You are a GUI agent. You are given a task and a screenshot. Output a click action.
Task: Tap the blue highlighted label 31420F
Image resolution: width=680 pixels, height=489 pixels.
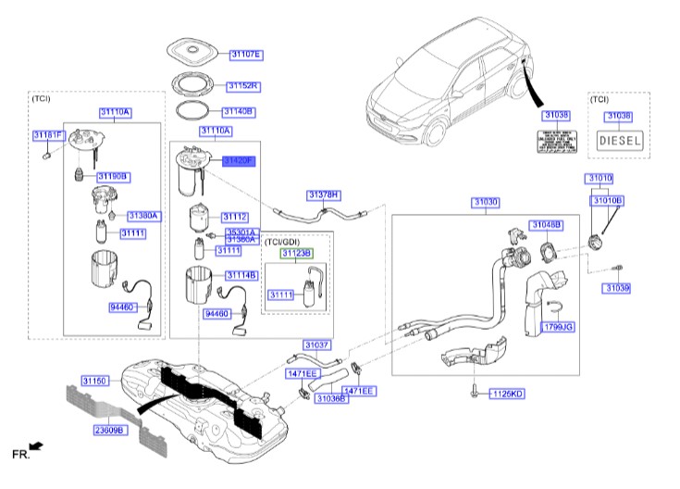pyautogui.click(x=238, y=160)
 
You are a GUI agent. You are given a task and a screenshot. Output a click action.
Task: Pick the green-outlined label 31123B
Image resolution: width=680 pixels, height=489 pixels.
pyautogui.click(x=297, y=252)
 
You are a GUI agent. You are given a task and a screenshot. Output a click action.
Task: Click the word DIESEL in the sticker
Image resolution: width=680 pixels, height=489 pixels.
pyautogui.click(x=618, y=141)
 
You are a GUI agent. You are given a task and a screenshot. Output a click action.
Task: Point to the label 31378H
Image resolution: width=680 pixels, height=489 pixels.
pyautogui.click(x=325, y=194)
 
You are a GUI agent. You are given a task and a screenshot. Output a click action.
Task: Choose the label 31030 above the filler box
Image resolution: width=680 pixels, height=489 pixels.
pyautogui.click(x=487, y=201)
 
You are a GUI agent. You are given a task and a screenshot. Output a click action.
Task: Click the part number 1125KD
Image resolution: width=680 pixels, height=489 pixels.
pyautogui.click(x=506, y=393)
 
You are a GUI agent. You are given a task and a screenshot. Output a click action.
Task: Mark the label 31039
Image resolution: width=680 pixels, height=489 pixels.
pyautogui.click(x=617, y=289)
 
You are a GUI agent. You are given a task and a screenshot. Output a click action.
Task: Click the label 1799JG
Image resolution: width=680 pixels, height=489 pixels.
pyautogui.click(x=559, y=327)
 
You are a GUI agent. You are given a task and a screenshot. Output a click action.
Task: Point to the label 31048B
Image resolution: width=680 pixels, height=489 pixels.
pyautogui.click(x=546, y=224)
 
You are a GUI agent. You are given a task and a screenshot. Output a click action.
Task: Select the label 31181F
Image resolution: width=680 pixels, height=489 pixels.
pyautogui.click(x=48, y=135)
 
